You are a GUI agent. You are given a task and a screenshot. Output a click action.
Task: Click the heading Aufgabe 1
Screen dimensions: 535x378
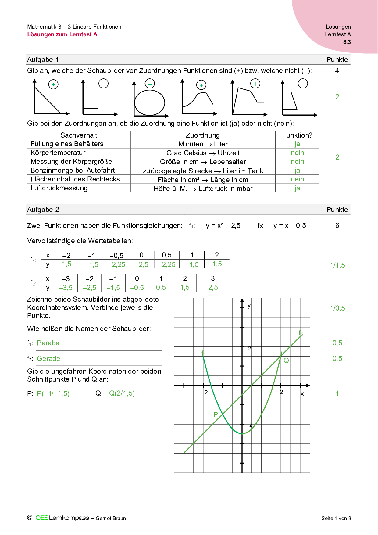tap(43, 59)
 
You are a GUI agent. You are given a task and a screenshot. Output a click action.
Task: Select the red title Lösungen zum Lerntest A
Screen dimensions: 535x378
tap(62, 34)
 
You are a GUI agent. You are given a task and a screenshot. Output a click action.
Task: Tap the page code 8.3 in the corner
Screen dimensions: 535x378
tap(347, 42)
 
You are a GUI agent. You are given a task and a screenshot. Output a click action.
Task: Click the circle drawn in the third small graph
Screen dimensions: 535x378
tap(150, 102)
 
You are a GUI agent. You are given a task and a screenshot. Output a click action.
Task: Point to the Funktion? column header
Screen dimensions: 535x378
tap(297, 135)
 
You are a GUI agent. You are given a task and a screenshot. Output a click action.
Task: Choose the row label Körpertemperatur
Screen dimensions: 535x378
tap(58, 153)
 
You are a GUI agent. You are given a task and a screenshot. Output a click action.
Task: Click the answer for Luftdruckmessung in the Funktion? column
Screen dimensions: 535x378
tap(297, 188)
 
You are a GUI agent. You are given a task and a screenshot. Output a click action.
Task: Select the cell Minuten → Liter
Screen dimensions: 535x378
tap(203, 144)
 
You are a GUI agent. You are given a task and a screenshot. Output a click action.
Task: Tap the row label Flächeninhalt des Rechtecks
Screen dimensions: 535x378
tap(75, 179)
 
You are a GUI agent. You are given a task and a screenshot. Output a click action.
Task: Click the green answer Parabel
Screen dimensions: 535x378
tap(49, 343)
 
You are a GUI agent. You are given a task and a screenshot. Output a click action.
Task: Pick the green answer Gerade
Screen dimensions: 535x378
tap(48, 358)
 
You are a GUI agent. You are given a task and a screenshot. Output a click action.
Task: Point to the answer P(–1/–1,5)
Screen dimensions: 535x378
tap(53, 393)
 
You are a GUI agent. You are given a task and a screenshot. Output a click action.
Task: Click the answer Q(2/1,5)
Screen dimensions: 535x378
tap(122, 393)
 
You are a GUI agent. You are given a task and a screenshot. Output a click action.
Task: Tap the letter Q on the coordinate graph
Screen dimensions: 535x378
tap(286, 361)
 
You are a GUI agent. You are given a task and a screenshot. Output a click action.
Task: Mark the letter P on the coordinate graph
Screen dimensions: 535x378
tap(216, 415)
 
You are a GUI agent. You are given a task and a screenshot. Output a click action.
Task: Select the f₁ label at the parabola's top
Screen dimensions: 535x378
tap(204, 354)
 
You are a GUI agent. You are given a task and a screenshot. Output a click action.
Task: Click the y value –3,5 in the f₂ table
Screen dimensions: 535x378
tap(66, 288)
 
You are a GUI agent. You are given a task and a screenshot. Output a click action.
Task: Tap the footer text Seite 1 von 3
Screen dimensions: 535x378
tap(336, 518)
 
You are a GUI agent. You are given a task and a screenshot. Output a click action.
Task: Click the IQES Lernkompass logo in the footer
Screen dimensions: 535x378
tap(62, 518)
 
